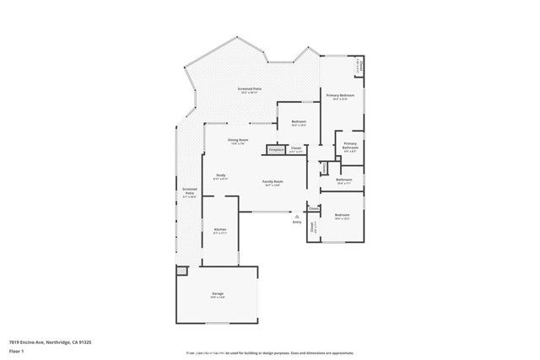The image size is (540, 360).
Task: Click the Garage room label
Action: point(217,294)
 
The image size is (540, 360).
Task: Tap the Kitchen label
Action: point(219,229)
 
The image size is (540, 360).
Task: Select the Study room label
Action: point(219,175)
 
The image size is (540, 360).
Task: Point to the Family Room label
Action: point(272,182)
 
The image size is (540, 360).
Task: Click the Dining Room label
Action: point(238,140)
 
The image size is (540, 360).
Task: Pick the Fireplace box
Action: point(275,149)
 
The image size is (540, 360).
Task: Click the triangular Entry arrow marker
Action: point(296,216)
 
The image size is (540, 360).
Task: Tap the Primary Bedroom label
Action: point(341,96)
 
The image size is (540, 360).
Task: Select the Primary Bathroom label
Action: point(350,146)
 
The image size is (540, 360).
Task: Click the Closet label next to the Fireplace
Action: point(295,148)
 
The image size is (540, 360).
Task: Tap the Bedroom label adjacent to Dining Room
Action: point(299,122)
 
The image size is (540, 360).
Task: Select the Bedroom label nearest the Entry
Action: point(342,216)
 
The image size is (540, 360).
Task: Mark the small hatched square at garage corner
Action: point(181,271)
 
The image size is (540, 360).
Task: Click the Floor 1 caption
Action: point(16,351)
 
